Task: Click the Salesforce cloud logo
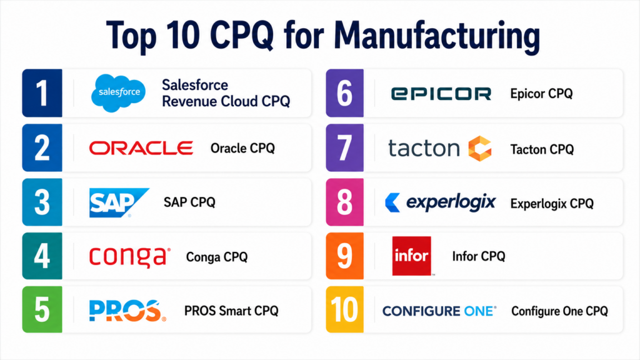tap(118, 92)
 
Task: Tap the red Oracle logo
tap(141, 148)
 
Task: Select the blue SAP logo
tap(119, 202)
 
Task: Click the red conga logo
tap(130, 257)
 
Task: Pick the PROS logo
tap(127, 311)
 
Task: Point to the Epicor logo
tap(441, 94)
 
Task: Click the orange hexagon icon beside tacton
tap(480, 149)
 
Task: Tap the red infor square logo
tap(411, 256)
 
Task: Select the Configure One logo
tap(439, 311)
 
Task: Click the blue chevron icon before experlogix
tap(392, 202)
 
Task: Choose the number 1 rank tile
tap(42, 93)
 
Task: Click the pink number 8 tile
tap(344, 202)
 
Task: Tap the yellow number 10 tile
tap(344, 309)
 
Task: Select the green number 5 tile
tap(42, 309)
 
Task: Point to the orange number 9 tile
tap(344, 256)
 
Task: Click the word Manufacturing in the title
tap(437, 36)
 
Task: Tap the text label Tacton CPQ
tap(542, 149)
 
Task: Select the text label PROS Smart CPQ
tap(231, 311)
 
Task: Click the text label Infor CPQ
tap(479, 256)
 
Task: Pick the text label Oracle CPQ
tap(242, 148)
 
